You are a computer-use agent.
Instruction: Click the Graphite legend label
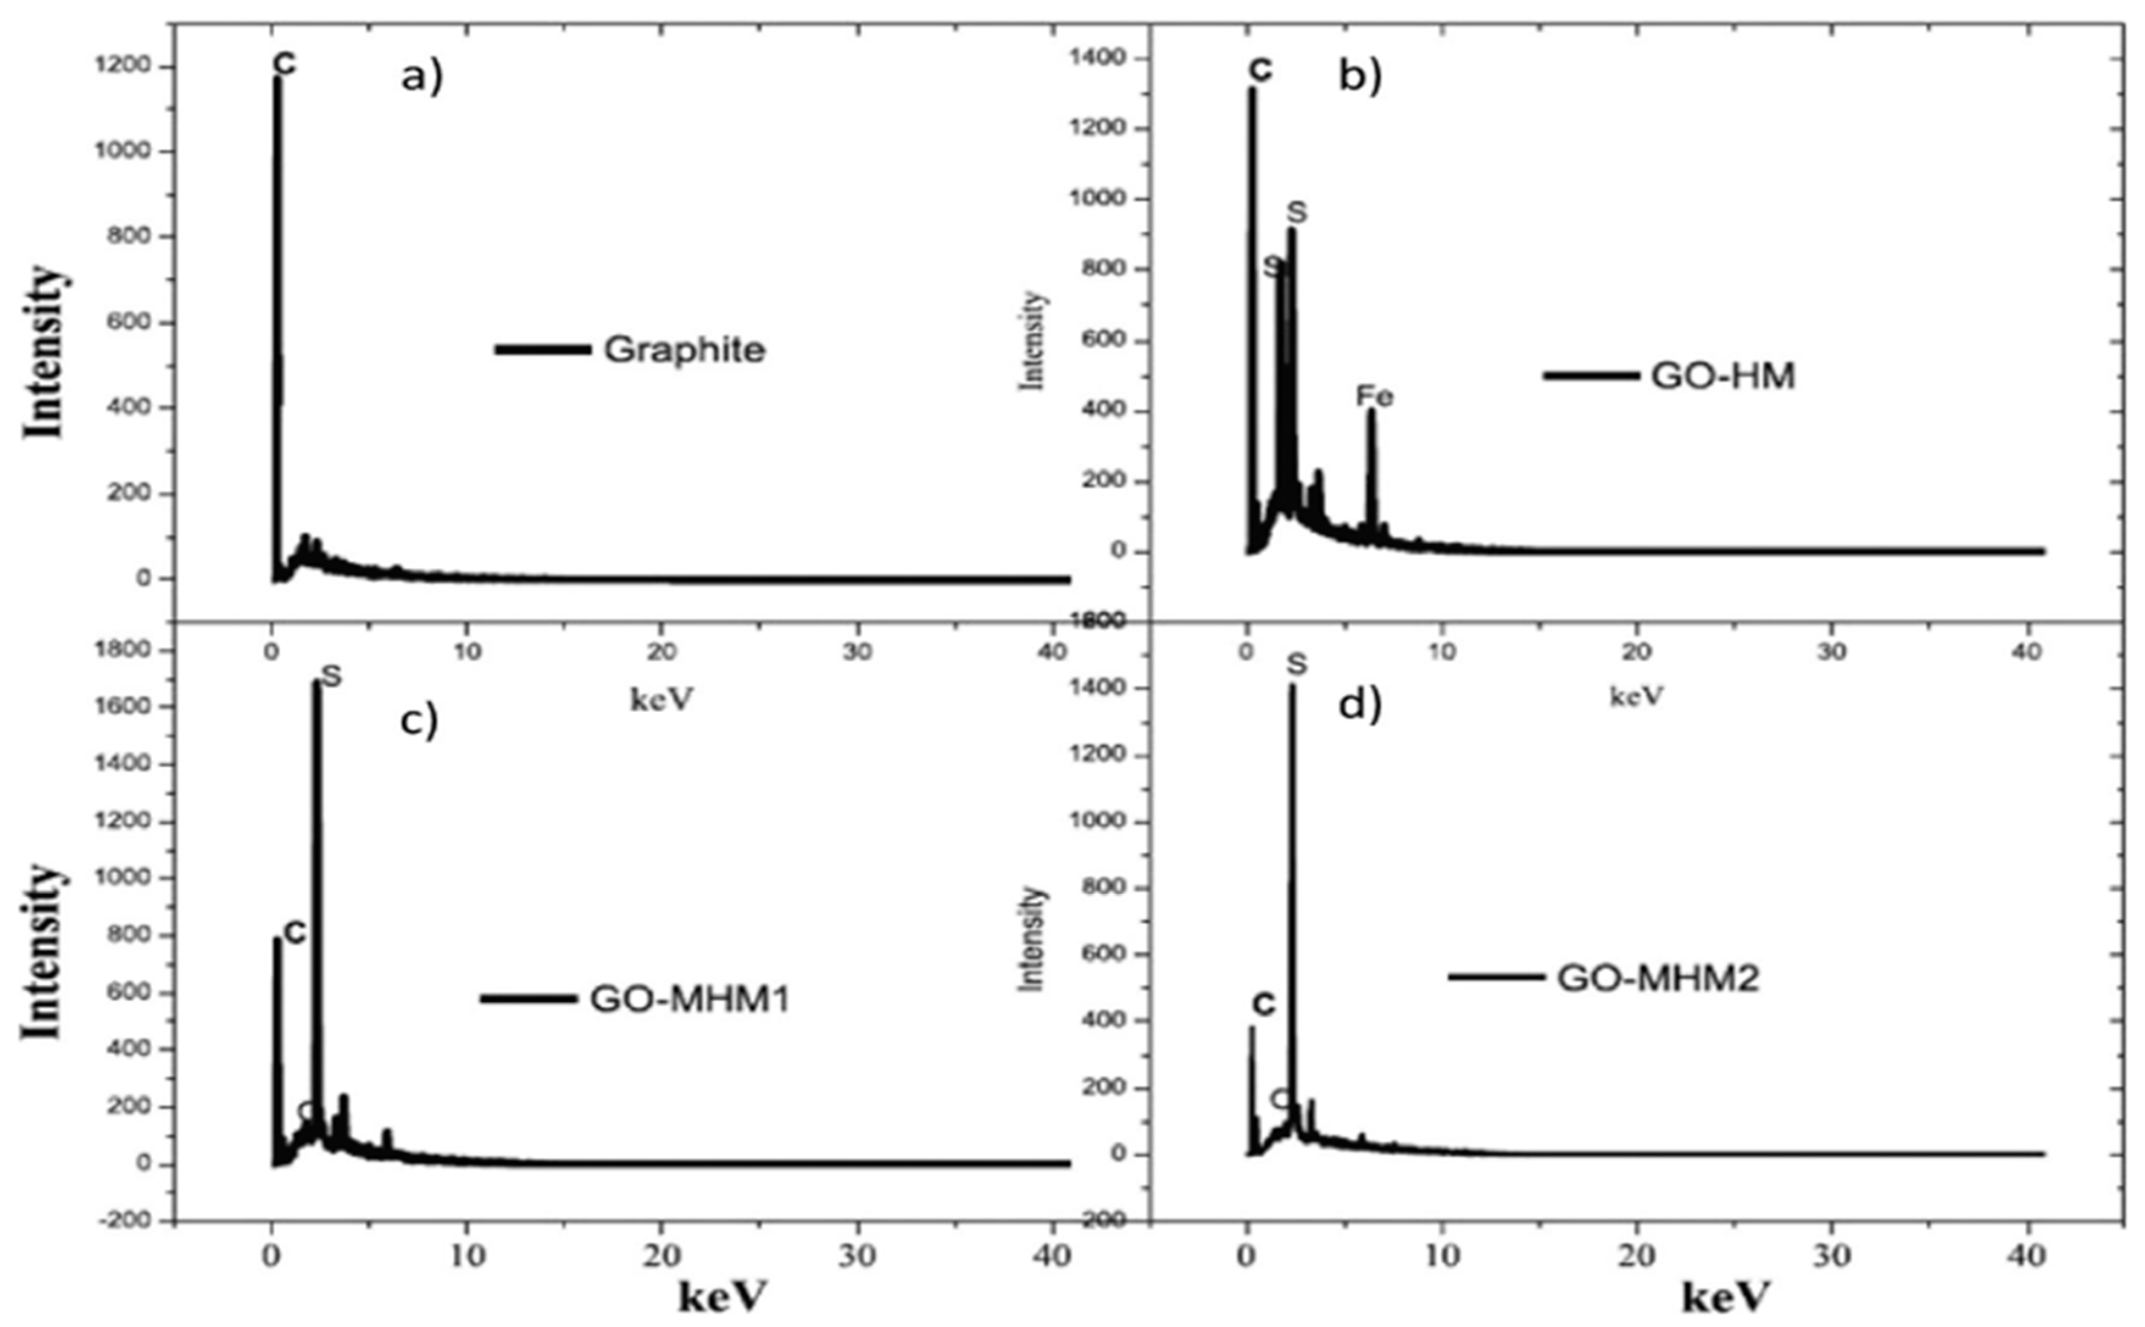683,349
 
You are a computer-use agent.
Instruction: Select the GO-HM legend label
1723,375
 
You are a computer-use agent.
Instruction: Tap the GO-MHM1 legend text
690,999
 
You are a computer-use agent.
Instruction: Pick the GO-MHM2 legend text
1658,978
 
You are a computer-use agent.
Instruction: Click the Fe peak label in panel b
1374,397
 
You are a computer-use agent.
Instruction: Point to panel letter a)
422,77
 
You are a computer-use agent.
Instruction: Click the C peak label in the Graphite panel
284,63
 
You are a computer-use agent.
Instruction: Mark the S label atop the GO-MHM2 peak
1296,665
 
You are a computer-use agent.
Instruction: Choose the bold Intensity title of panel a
44,351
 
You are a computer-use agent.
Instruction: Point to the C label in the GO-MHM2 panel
1263,1005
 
